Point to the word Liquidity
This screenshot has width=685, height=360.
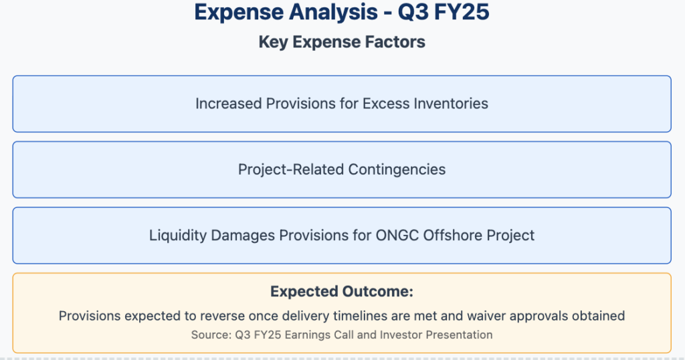pos(178,236)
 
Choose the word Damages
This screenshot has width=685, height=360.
pos(243,236)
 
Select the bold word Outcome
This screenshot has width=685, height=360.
pos(377,291)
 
